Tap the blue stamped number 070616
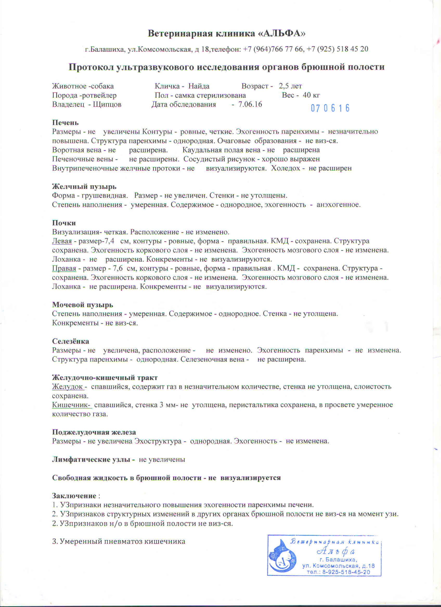click(x=330, y=108)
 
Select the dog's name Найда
click(x=199, y=86)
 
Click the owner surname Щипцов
click(x=107, y=104)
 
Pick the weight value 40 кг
click(x=312, y=95)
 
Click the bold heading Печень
click(x=65, y=123)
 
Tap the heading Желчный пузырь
click(x=84, y=186)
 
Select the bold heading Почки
click(x=64, y=223)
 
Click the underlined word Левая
click(x=62, y=241)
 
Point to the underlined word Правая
click(x=64, y=268)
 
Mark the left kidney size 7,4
click(x=110, y=241)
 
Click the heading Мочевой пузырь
click(x=82, y=305)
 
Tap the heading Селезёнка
click(x=71, y=341)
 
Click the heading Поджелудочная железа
click(x=94, y=432)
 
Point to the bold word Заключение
click(x=74, y=496)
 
